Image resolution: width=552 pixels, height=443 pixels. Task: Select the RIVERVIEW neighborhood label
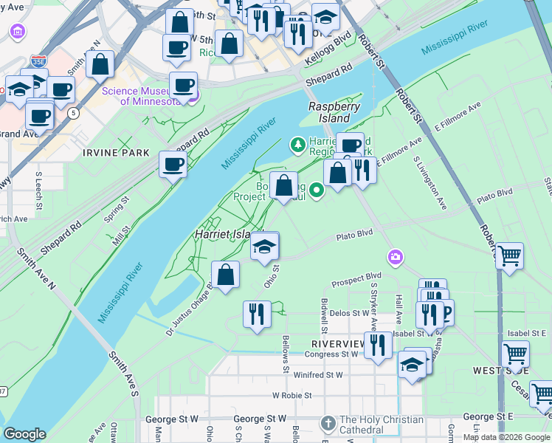[x=338, y=344]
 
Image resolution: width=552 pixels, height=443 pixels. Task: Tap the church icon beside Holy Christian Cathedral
[x=328, y=424]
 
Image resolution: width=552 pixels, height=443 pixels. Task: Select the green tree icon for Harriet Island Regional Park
[x=298, y=144]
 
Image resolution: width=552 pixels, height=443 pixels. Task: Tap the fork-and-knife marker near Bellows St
[x=257, y=314]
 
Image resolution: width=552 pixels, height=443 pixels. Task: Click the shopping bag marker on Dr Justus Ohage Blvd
[x=226, y=275]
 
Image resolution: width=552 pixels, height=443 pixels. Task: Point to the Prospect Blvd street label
[x=356, y=277]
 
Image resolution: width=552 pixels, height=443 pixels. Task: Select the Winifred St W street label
[x=319, y=375]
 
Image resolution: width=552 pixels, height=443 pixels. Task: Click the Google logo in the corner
[x=24, y=434]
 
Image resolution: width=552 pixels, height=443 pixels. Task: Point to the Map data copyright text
[x=506, y=437]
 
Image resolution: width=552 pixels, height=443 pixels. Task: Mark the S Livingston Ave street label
[x=431, y=181]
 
